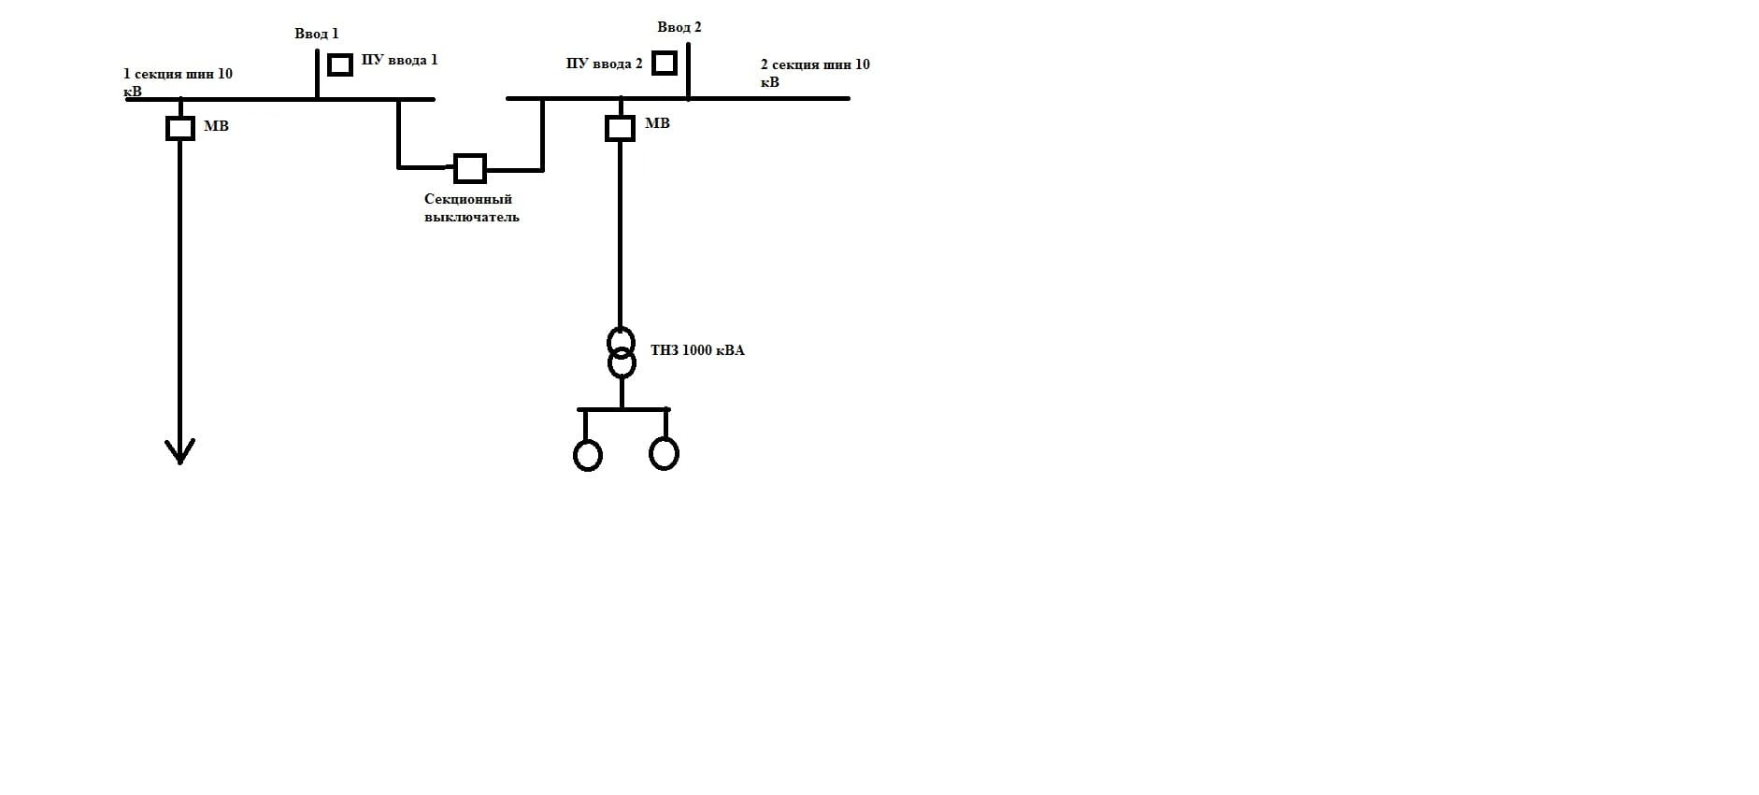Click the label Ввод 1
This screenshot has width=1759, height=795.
coord(316,34)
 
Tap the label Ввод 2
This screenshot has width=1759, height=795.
coord(679,27)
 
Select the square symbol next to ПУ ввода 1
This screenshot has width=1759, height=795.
coord(340,64)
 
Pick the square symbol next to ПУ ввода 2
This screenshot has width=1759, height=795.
coord(664,64)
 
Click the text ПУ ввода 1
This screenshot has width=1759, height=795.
coord(399,60)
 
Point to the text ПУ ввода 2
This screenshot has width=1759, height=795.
coord(604,64)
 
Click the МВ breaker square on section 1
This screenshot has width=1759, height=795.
coord(180,128)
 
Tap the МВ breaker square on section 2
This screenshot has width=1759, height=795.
coord(620,128)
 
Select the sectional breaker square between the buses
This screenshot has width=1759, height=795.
coord(469,168)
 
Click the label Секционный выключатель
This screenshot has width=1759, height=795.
coord(470,207)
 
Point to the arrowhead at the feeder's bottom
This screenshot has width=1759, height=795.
coord(179,452)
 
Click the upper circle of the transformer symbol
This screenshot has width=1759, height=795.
coord(621,339)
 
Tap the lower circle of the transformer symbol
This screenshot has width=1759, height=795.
coord(622,362)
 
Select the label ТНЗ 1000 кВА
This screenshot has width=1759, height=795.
coord(697,350)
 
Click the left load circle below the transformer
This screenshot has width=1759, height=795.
coord(587,456)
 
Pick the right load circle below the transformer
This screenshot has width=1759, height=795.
coord(664,454)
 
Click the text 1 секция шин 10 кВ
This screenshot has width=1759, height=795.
coord(177,82)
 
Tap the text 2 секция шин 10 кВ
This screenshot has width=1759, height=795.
coord(814,73)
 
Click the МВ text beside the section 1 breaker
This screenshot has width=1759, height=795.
coord(216,126)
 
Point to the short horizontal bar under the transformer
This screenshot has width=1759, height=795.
coord(623,409)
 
